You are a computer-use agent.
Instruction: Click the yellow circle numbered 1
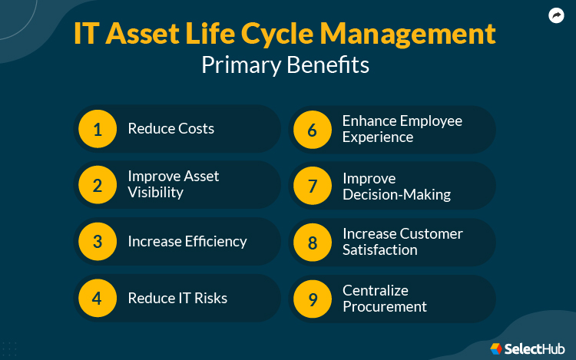(x=98, y=129)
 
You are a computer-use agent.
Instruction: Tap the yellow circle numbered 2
(x=98, y=185)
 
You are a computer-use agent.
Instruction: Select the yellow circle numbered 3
(x=98, y=242)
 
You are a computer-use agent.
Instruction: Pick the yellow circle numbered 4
(x=98, y=298)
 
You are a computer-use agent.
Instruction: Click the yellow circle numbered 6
(x=312, y=129)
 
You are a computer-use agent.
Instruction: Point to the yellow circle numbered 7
(x=312, y=185)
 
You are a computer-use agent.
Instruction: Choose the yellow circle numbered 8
(x=312, y=242)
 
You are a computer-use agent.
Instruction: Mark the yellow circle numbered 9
(x=312, y=298)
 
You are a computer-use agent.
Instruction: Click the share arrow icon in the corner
(x=556, y=15)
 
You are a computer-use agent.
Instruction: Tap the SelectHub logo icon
(x=496, y=349)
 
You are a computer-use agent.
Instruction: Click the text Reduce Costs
(x=170, y=129)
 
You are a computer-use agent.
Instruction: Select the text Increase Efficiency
(x=187, y=242)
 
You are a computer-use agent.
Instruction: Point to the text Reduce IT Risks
(x=177, y=298)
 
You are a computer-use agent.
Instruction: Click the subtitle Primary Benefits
(x=285, y=66)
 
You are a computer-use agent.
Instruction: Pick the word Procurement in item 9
(x=384, y=306)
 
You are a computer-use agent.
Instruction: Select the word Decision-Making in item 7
(x=396, y=194)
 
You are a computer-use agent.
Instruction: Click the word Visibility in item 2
(x=155, y=193)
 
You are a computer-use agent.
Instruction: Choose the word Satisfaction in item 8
(x=379, y=250)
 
